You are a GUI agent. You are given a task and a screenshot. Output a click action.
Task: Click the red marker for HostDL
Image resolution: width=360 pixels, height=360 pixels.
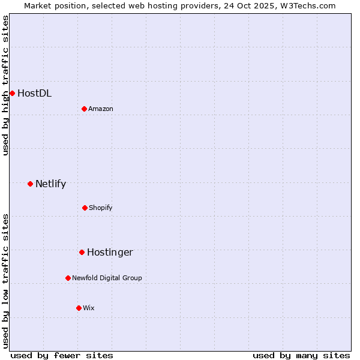click(x=12, y=93)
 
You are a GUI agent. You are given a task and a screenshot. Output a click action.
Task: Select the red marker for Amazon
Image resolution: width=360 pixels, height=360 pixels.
click(x=84, y=109)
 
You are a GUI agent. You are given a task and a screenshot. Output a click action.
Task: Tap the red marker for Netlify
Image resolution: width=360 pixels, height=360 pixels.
click(x=30, y=184)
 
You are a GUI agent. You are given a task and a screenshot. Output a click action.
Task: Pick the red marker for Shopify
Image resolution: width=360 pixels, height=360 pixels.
click(x=85, y=208)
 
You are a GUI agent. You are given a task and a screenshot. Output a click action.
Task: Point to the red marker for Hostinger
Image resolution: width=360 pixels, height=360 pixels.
click(x=82, y=252)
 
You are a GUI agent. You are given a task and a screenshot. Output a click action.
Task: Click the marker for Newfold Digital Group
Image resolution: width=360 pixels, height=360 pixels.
click(x=68, y=278)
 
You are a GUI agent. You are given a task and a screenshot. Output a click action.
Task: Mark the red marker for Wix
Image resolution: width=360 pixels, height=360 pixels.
click(x=79, y=308)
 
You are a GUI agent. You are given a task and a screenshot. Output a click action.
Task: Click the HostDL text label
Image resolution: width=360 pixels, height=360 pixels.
click(x=34, y=93)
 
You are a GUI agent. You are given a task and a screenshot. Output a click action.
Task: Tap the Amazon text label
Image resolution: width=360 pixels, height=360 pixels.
click(x=101, y=109)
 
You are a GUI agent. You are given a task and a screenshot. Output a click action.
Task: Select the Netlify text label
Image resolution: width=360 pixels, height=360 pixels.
click(x=50, y=184)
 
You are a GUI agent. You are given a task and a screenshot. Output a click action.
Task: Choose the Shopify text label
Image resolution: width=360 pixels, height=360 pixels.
click(x=101, y=208)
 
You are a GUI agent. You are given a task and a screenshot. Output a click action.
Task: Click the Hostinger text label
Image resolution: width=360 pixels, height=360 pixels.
click(x=110, y=253)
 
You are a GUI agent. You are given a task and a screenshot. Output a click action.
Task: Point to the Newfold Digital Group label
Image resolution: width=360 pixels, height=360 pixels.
click(x=107, y=278)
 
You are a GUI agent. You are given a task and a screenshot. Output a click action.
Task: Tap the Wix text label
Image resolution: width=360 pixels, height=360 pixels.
click(x=89, y=308)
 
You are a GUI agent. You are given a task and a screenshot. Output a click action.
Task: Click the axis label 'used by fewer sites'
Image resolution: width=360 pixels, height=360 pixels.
click(x=62, y=355)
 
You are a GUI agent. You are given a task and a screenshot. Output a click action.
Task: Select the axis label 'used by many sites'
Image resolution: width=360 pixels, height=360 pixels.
click(x=301, y=355)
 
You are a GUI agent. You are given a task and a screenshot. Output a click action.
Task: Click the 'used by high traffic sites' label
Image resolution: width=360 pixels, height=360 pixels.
click(x=5, y=85)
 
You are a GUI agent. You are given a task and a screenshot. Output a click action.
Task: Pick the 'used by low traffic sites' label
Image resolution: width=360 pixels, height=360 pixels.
click(x=5, y=281)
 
